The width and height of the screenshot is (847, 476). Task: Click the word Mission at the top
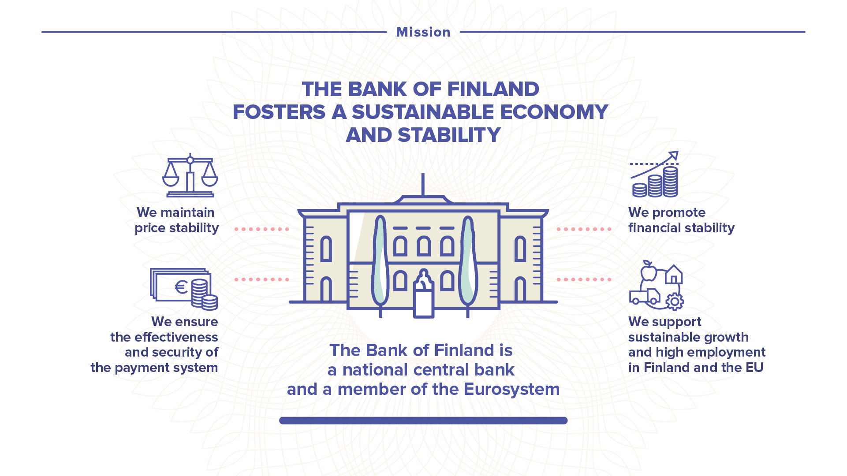[423, 32]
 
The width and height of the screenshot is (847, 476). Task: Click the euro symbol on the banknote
[181, 287]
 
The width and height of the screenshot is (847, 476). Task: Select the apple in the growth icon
[649, 271]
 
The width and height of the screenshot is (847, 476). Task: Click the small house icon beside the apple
[674, 274]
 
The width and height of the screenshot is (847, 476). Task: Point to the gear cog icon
[675, 302]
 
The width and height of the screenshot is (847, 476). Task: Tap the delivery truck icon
[645, 297]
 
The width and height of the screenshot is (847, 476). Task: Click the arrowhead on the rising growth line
[674, 156]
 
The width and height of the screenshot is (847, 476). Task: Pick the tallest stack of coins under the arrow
[671, 182]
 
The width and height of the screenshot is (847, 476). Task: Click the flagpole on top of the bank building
[423, 185]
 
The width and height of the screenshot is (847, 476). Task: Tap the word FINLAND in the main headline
[493, 89]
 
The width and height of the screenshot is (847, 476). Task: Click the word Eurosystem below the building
[512, 389]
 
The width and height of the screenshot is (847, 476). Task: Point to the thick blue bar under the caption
[423, 420]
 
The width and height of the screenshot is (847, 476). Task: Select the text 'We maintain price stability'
[177, 220]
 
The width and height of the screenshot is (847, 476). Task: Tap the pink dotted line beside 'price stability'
[262, 229]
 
